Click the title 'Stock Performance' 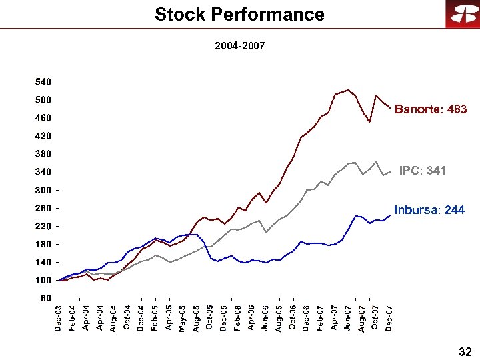239,14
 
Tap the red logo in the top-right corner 460,15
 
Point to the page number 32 465,351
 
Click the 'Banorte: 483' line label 431,109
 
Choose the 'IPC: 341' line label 422,171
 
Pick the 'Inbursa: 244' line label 429,210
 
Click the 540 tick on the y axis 43,82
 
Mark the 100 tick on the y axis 43,280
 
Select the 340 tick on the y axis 43,172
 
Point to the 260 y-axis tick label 43,208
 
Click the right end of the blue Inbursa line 390,215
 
